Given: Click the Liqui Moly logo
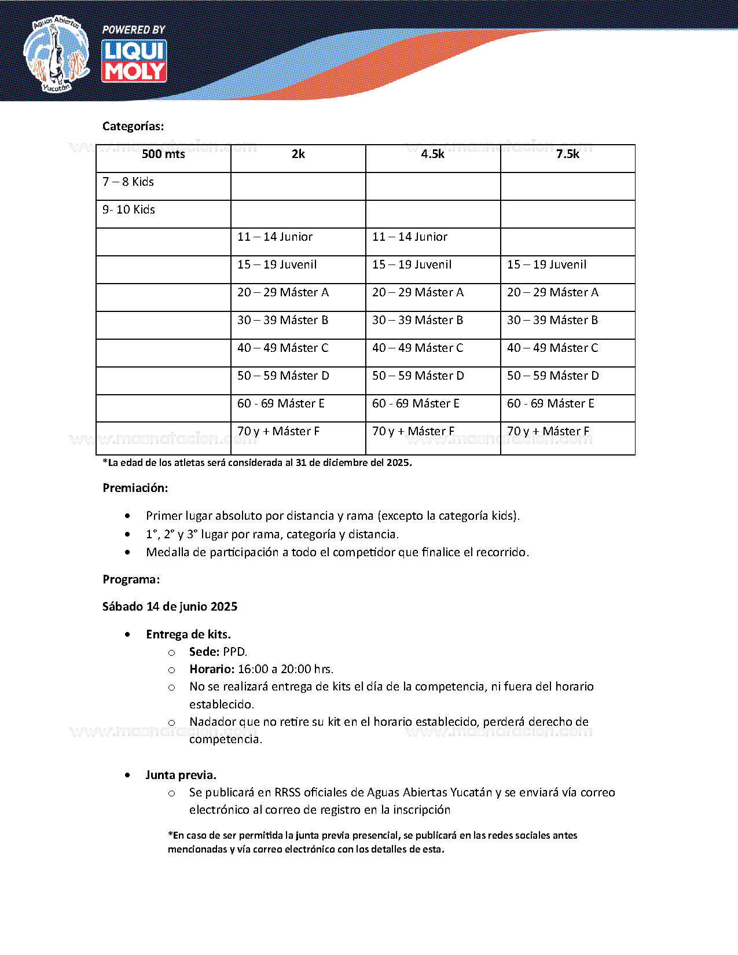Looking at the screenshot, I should tap(134, 61).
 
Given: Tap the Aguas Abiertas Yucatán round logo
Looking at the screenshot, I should tap(56, 54).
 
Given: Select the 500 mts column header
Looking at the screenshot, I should tap(163, 154).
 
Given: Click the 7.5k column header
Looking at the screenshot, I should tap(567, 154).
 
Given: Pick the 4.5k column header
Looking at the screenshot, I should tap(432, 154).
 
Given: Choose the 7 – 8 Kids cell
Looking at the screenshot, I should tap(128, 182).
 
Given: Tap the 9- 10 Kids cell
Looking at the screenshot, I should tap(128, 210).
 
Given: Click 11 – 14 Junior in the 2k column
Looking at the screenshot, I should tap(275, 237).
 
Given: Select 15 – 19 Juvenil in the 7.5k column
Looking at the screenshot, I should tap(546, 265).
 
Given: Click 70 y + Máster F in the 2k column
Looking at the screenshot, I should tap(278, 431).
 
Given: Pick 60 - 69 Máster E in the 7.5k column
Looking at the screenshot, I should tap(550, 403).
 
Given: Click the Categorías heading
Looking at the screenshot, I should tap(133, 126).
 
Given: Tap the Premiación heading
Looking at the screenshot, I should tap(135, 488).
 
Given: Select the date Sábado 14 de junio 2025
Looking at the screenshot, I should tap(170, 607).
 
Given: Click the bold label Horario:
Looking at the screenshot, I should tap(212, 669).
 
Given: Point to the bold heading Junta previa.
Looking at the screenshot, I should tap(181, 775).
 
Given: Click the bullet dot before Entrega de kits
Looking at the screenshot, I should tap(127, 635).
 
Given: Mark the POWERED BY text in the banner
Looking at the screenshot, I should tap(134, 30).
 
